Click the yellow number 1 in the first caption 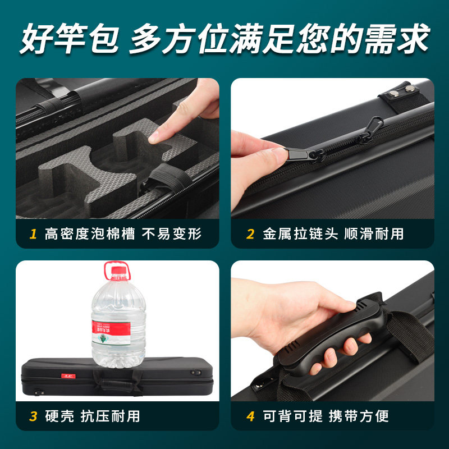[34, 234]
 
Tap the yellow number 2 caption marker [250, 234]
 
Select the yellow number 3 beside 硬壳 [34, 416]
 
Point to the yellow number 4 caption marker [250, 416]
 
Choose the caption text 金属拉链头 [300, 234]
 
